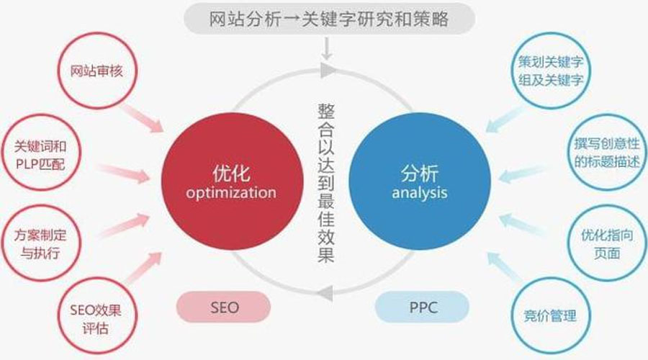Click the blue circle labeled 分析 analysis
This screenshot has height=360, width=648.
tap(419, 183)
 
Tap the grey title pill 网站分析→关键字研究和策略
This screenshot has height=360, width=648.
tap(328, 19)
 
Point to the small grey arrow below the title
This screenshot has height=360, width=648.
tap(326, 50)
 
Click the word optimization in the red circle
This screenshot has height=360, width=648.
tap(230, 193)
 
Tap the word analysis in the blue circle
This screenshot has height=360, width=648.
tap(419, 193)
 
